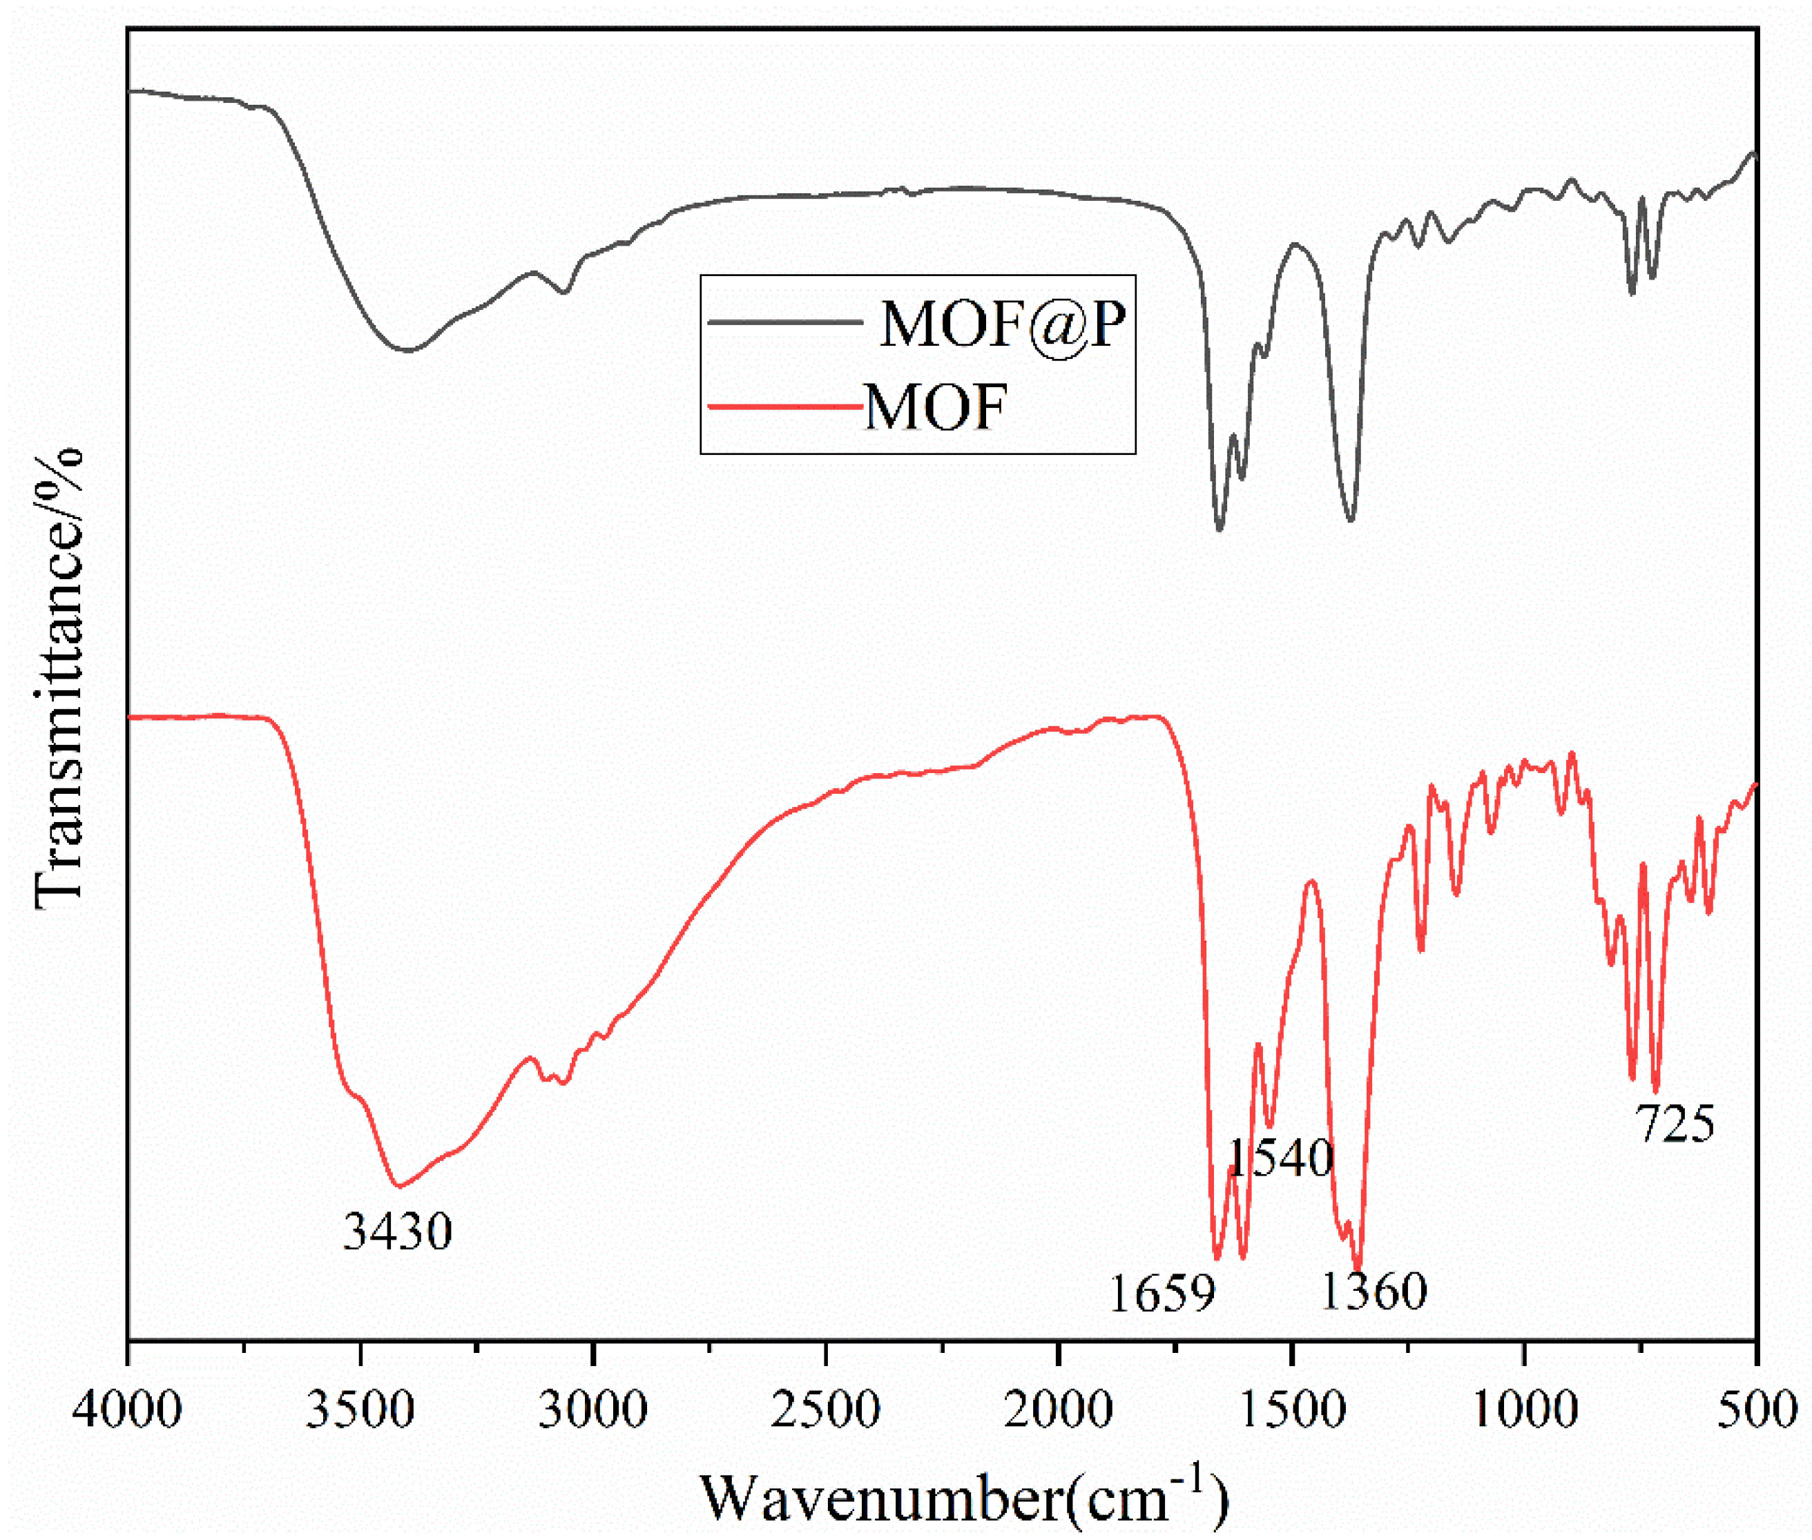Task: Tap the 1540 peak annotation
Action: [1281, 1158]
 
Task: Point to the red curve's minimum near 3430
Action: [399, 1186]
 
